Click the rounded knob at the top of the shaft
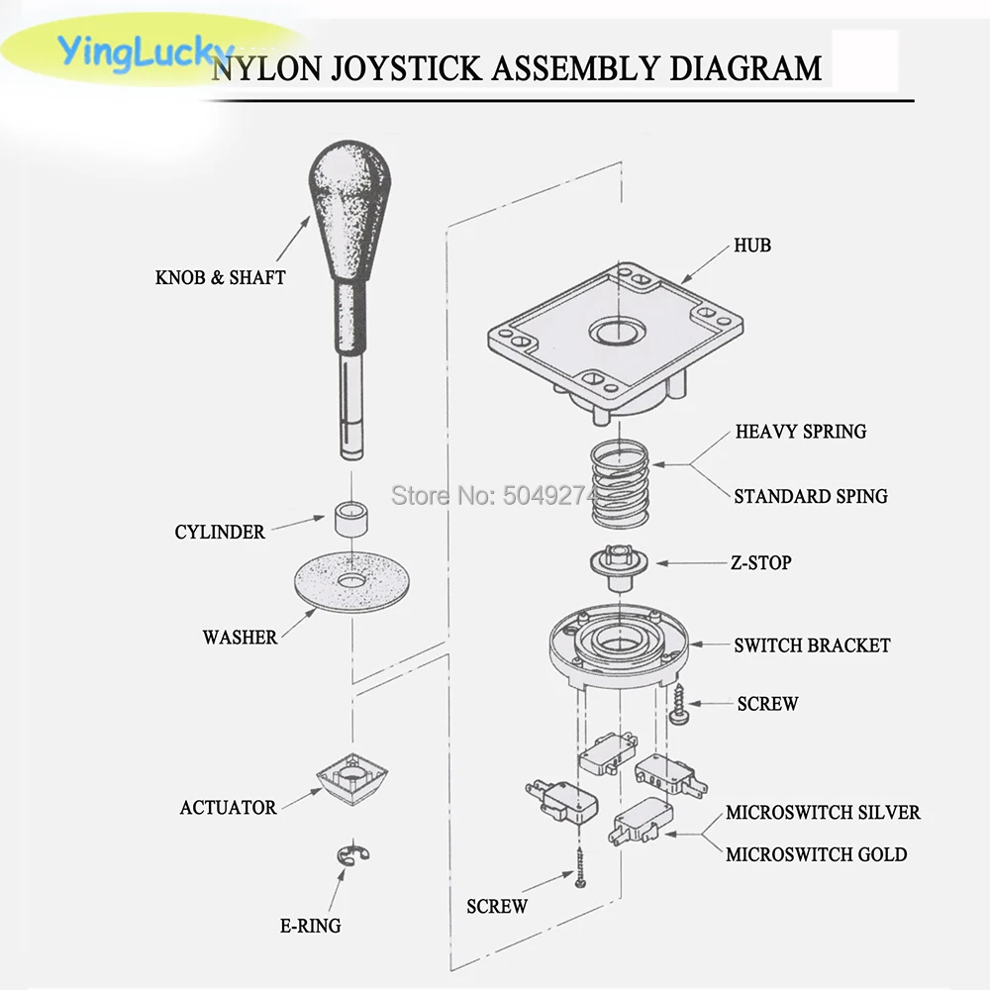click(x=351, y=188)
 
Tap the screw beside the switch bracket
click(x=678, y=706)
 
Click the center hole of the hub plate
click(x=615, y=330)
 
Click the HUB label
click(x=752, y=245)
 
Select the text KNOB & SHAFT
click(x=220, y=278)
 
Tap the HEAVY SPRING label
click(x=800, y=432)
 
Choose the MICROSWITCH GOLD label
click(x=816, y=854)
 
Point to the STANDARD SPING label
click(x=810, y=496)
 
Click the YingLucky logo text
click(x=145, y=50)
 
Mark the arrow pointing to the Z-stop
click(x=688, y=563)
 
